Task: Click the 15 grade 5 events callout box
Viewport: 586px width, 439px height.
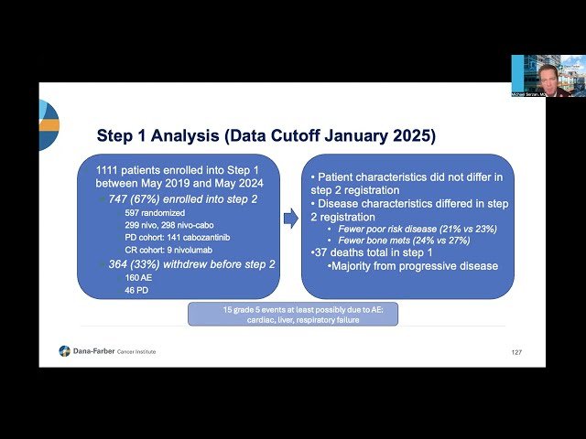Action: coord(293,314)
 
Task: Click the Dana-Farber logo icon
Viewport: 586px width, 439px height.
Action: coord(64,350)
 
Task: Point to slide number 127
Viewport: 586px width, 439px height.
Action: coord(515,352)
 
